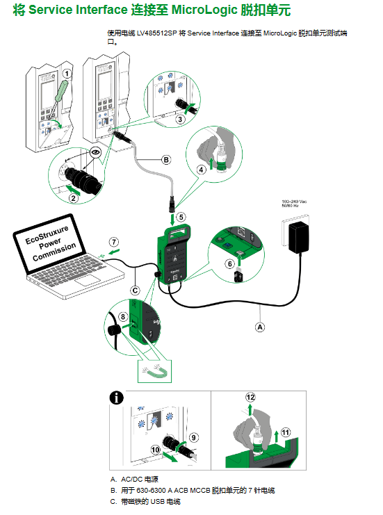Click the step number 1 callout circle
[x=67, y=74]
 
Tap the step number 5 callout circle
[x=181, y=217]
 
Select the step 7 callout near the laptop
[x=114, y=242]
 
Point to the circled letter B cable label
[x=166, y=160]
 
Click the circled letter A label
[x=260, y=327]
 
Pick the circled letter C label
[x=135, y=291]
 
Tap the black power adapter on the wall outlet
[x=298, y=237]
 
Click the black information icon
[x=116, y=398]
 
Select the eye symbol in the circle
[x=96, y=152]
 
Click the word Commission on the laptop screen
[x=54, y=252]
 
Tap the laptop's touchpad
[x=88, y=281]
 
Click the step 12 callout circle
[x=250, y=397]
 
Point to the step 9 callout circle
[x=194, y=437]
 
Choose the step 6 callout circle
[x=230, y=263]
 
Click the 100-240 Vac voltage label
[x=294, y=202]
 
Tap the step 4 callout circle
[x=201, y=170]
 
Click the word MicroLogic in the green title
[x=204, y=10]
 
